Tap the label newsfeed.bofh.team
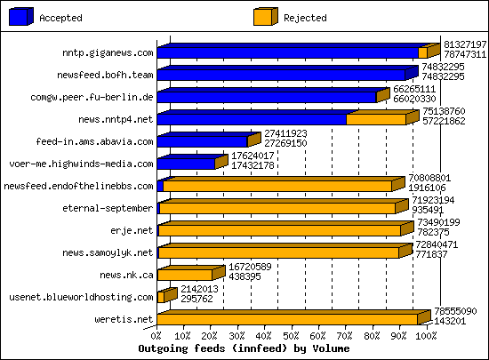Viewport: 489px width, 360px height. (106, 75)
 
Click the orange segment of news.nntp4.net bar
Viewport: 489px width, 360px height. (375, 119)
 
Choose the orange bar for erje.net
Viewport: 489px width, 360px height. (278, 230)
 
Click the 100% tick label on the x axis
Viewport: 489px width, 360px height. (426, 337)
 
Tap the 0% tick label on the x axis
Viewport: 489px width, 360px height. (157, 337)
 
